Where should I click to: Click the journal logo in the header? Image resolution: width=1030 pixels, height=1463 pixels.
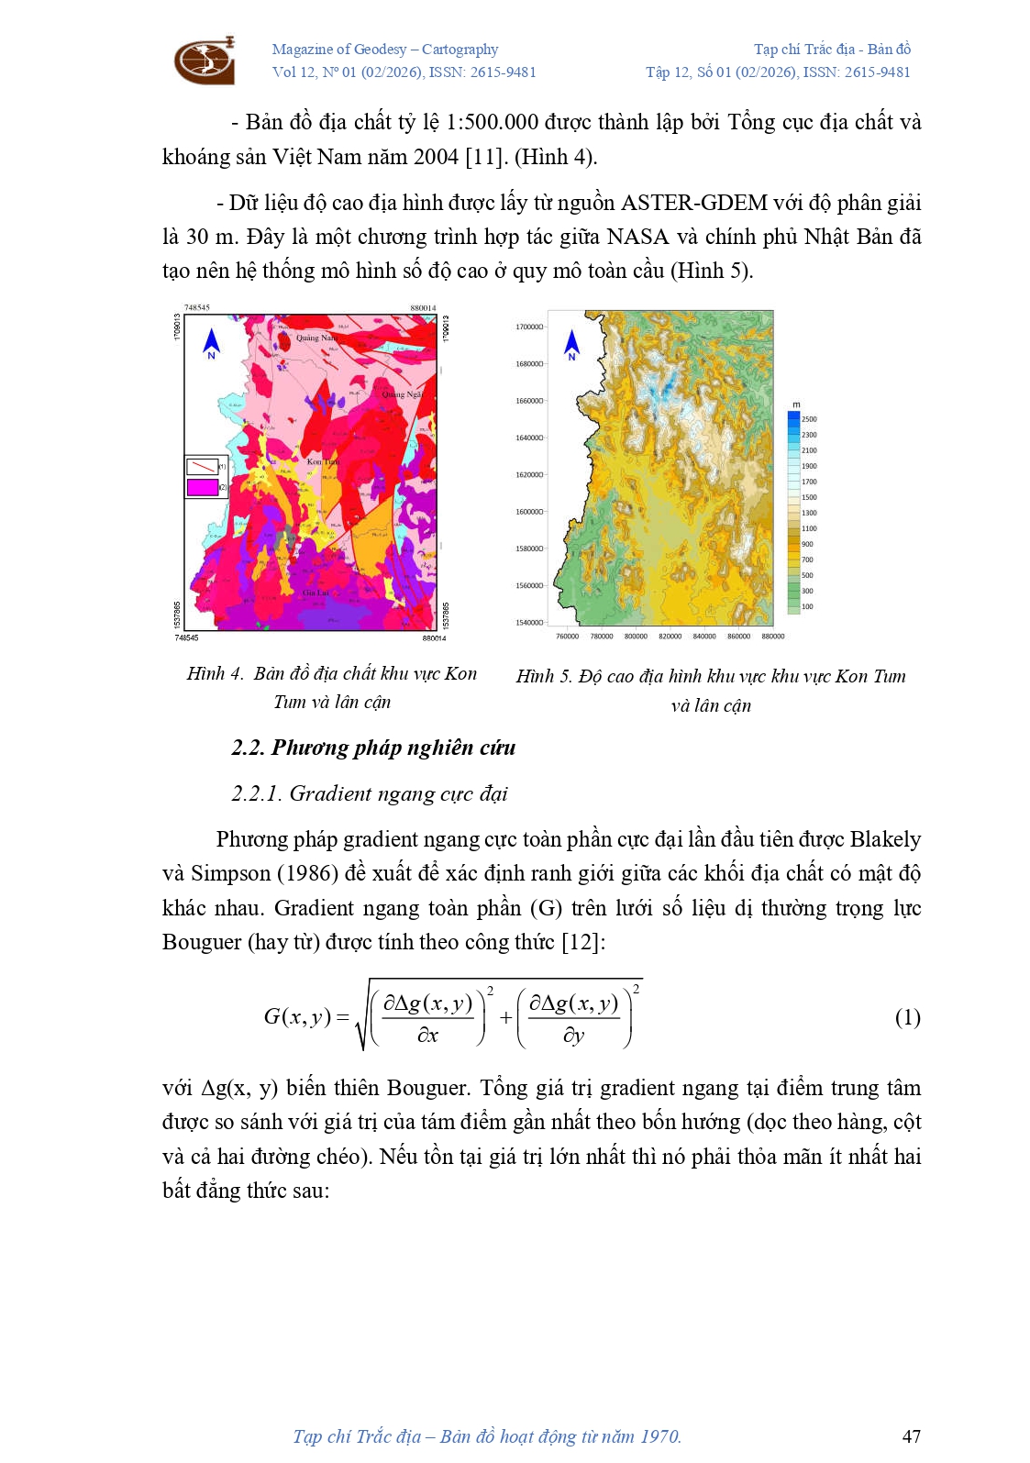205,61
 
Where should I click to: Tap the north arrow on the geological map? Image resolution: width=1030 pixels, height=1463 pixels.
212,343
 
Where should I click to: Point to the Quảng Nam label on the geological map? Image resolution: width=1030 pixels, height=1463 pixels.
316,338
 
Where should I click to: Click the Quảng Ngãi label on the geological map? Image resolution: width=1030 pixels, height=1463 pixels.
402,394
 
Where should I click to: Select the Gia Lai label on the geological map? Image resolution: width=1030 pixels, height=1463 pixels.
315,593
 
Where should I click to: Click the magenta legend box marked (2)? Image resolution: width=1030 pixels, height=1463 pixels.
202,488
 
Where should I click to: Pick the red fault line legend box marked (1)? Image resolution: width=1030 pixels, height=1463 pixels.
202,466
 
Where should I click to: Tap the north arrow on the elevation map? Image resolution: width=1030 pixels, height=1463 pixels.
572,344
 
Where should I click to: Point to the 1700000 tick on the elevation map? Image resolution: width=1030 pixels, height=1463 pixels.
528,327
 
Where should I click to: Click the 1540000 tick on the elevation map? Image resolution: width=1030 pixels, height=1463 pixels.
528,623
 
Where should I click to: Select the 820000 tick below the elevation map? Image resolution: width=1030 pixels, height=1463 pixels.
670,637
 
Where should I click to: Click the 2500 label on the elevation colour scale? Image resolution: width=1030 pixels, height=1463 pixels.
808,419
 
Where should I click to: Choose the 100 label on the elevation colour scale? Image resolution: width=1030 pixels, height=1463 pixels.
807,606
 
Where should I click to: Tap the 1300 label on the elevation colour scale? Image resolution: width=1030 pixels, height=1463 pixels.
808,513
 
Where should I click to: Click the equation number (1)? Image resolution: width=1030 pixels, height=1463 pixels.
907,1017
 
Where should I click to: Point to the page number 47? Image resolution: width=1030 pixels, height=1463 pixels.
911,1436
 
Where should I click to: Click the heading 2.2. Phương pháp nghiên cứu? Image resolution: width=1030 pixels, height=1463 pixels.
373,748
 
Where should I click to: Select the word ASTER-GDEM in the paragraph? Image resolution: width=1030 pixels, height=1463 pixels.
694,203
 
